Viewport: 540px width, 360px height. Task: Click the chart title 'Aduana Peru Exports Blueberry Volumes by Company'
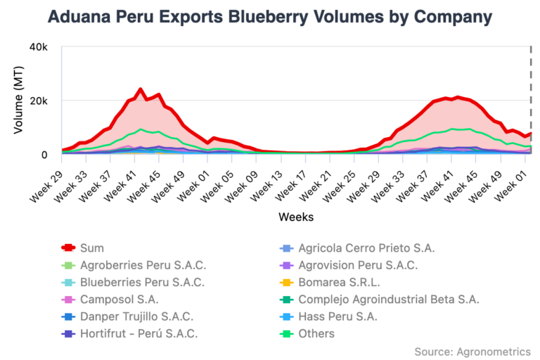tap(270, 16)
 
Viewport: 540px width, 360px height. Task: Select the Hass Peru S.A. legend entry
tap(337, 316)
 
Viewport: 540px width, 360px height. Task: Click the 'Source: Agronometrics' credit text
tap(472, 351)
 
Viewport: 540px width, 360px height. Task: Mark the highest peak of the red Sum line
tap(141, 89)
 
